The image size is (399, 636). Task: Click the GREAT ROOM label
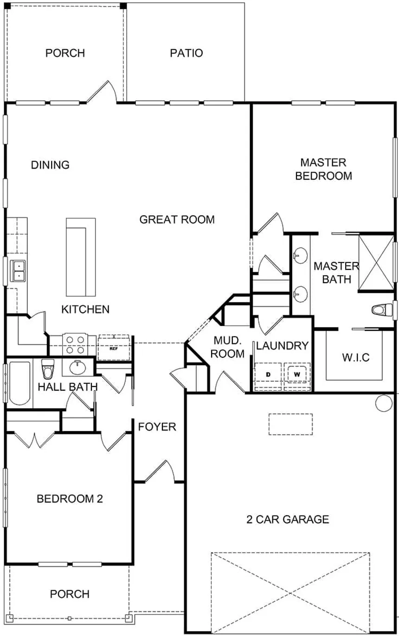pos(177,219)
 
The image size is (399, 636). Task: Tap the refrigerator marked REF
pos(114,347)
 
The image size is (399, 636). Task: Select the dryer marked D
pos(268,374)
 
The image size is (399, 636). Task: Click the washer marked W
pos(297,374)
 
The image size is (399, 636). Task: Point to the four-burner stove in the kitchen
pos(75,344)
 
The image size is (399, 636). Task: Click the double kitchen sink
pos(18,271)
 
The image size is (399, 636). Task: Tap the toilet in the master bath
pos(382,310)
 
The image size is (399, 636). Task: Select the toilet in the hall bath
pos(47,369)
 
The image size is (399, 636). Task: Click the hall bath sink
pos(77,367)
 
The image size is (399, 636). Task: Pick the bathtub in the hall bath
pos(19,383)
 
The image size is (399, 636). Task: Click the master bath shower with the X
pos(376,263)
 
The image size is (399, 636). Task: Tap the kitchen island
pos(81,257)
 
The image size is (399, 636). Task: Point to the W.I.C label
pos(356,358)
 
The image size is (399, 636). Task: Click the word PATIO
pos(187,53)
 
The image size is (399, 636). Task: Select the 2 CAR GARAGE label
pos(288,519)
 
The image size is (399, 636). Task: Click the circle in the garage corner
pos(384,403)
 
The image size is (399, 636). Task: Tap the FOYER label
pos(157,427)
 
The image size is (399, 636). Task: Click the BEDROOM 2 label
pos(70,499)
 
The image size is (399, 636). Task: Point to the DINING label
pos(50,165)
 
